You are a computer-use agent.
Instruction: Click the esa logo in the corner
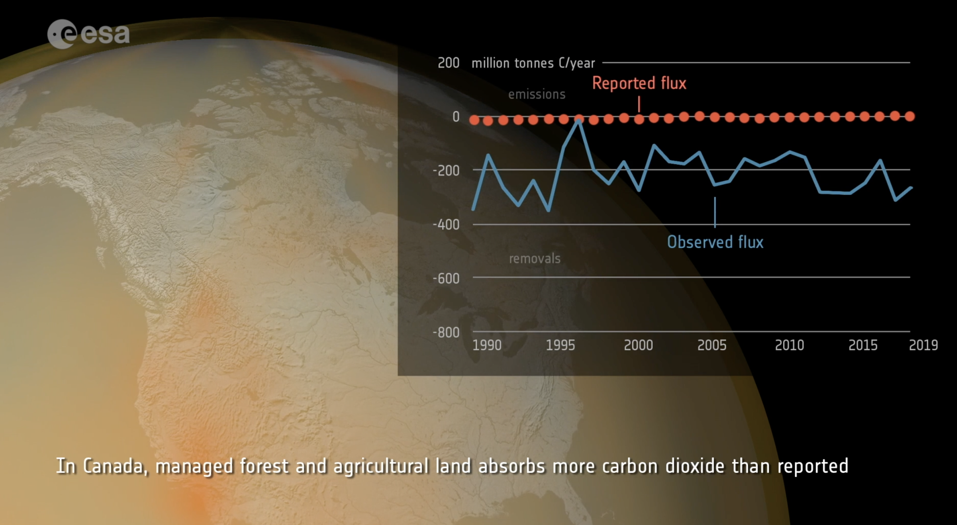coord(89,34)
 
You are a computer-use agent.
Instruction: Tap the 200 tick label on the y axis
coord(448,63)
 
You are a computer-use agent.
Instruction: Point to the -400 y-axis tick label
coord(446,224)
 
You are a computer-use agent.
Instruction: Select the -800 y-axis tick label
coord(446,332)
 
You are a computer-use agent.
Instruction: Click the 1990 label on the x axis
coord(487,345)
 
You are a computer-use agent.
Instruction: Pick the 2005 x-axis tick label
coord(712,345)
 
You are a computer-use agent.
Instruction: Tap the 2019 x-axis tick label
coord(923,345)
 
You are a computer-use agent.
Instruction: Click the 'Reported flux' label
coord(639,83)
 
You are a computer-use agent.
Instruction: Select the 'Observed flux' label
coord(715,242)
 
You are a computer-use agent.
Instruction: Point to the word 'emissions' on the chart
coord(536,94)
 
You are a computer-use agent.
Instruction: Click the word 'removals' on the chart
coord(534,259)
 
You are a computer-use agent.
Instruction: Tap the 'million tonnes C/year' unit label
coord(533,63)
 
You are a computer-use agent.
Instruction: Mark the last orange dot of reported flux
coord(910,116)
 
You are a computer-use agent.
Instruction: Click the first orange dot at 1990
coord(474,120)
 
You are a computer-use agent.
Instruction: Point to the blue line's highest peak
coord(579,121)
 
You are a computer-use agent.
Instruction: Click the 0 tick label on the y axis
coord(456,117)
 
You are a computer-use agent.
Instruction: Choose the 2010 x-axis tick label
coord(789,345)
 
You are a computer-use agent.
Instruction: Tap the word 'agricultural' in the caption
coord(381,466)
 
